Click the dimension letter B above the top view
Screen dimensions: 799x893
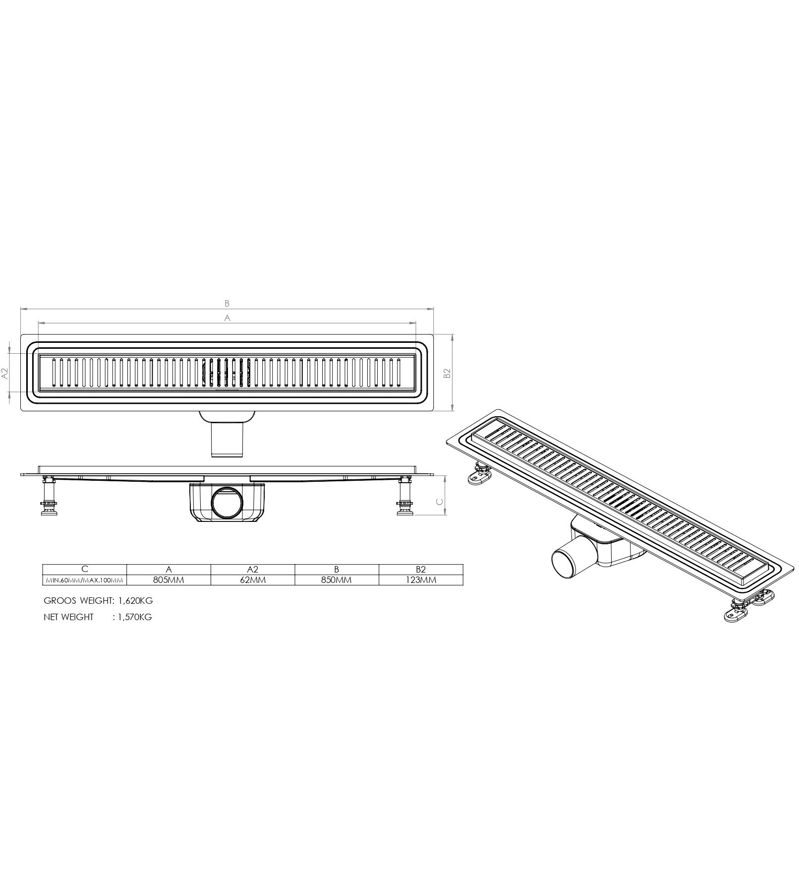tap(227, 303)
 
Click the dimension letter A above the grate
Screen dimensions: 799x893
tap(228, 318)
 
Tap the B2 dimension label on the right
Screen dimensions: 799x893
tap(447, 374)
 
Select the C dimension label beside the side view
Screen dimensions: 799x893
tap(439, 502)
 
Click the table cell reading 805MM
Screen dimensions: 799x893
tap(169, 580)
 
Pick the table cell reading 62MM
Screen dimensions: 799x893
tap(253, 580)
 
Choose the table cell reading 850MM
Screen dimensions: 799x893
tap(337, 580)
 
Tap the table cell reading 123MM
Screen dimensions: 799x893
tap(421, 580)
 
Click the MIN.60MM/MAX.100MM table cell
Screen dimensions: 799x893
tap(85, 580)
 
